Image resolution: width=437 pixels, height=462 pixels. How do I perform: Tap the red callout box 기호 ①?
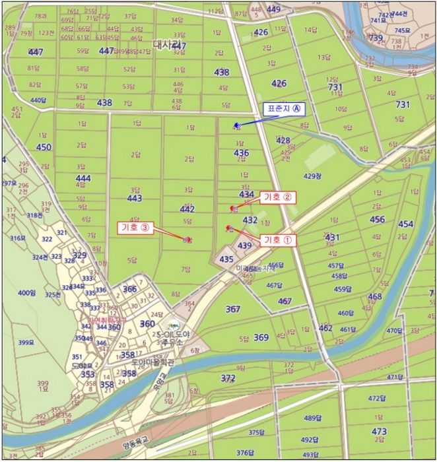pos(277,240)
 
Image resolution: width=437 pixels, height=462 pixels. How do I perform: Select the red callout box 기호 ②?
pos(277,197)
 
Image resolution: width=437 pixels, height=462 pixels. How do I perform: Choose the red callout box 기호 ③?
pos(135,227)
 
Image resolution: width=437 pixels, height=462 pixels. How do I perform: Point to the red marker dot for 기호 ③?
pos(187,240)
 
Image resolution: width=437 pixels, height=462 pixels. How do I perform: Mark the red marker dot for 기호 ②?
pos(232,209)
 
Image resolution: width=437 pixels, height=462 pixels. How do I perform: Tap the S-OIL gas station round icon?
pos(174,325)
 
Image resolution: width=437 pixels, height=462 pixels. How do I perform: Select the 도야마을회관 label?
pos(153,362)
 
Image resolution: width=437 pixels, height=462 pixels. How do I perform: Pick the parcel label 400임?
pos(26,292)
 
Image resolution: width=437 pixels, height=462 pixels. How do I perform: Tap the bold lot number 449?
pos(273,9)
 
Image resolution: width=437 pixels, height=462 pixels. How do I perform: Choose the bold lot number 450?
pos(43,147)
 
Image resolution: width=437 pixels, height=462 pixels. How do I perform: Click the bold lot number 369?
pos(261,337)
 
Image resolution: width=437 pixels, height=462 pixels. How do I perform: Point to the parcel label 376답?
pos(245,453)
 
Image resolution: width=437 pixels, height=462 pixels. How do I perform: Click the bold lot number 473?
pos(379,432)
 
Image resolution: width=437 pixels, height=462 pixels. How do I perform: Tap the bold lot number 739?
pos(375,38)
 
